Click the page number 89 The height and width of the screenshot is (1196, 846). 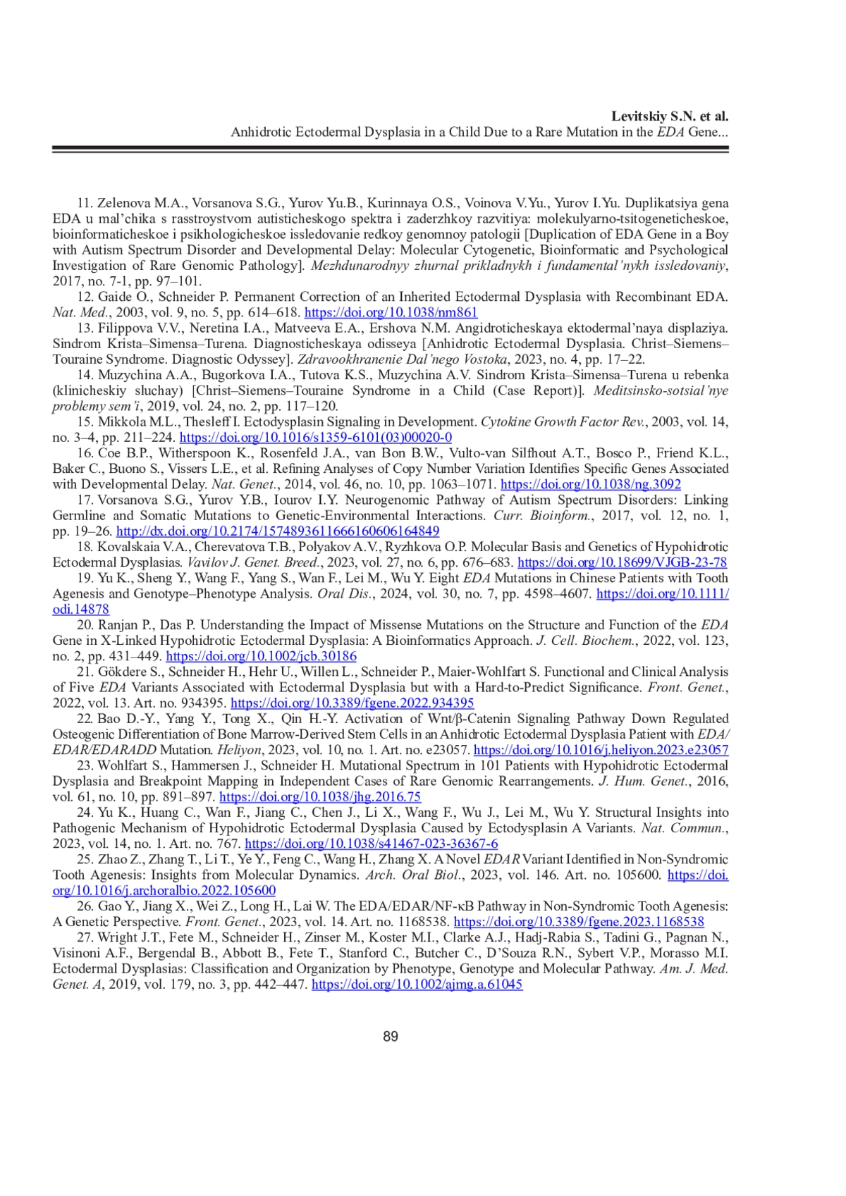(x=391, y=1037)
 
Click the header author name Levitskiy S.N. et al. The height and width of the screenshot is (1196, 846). (x=670, y=116)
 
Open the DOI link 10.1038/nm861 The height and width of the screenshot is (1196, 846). (x=391, y=312)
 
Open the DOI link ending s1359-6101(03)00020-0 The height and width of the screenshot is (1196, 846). (x=316, y=437)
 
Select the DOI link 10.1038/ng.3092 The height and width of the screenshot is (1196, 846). (x=590, y=484)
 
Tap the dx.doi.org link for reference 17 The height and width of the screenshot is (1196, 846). (x=278, y=531)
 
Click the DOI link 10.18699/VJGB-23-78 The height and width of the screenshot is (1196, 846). (x=622, y=562)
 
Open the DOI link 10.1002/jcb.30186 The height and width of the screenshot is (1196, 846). (x=261, y=656)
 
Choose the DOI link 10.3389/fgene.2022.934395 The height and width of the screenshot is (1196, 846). (x=352, y=703)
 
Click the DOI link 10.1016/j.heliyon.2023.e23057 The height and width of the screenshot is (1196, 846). (x=601, y=750)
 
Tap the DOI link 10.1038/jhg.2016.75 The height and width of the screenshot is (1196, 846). (x=320, y=797)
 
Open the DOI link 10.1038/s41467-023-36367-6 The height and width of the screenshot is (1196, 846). (x=372, y=844)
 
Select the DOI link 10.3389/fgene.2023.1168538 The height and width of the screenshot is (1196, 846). (x=579, y=922)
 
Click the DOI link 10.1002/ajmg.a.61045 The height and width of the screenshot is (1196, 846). (x=417, y=985)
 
